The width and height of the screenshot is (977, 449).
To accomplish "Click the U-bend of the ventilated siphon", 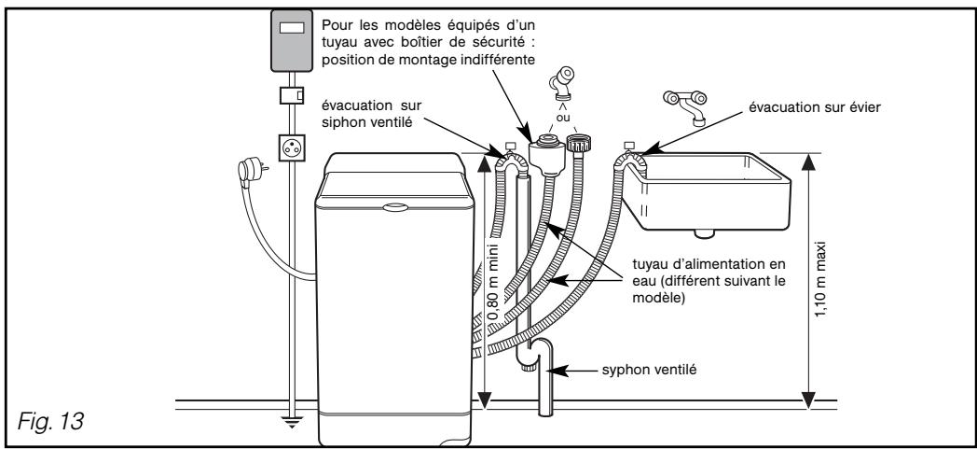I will [x=533, y=358].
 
